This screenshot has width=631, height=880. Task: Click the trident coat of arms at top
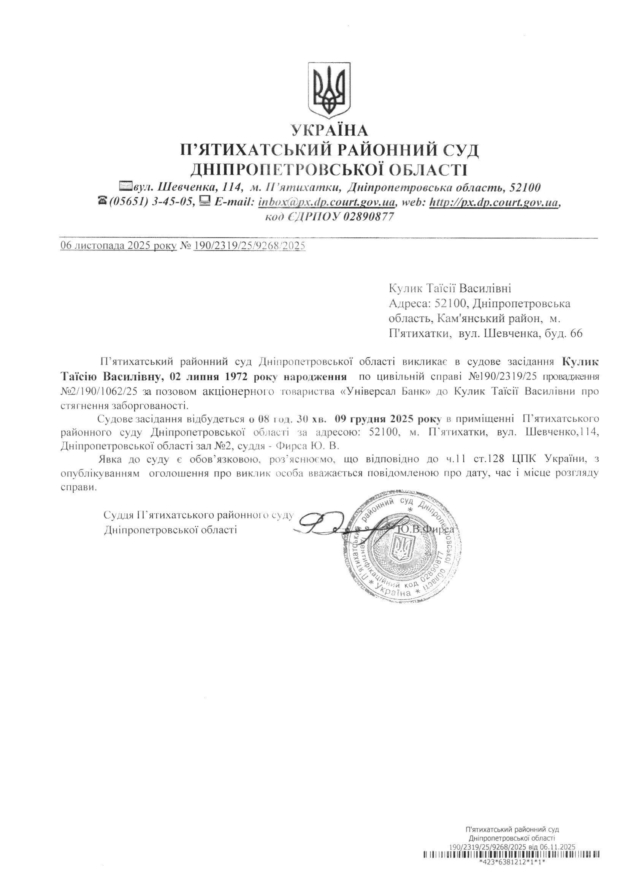(x=329, y=90)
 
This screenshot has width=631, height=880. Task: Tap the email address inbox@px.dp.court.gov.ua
(x=327, y=202)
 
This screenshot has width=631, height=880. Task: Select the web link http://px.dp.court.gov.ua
(x=494, y=202)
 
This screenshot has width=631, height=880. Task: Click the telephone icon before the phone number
(x=103, y=201)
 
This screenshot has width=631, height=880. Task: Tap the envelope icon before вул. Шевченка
(x=126, y=187)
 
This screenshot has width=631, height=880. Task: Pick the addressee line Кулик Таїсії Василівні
(x=450, y=288)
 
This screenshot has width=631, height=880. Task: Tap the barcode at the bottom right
(x=512, y=862)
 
